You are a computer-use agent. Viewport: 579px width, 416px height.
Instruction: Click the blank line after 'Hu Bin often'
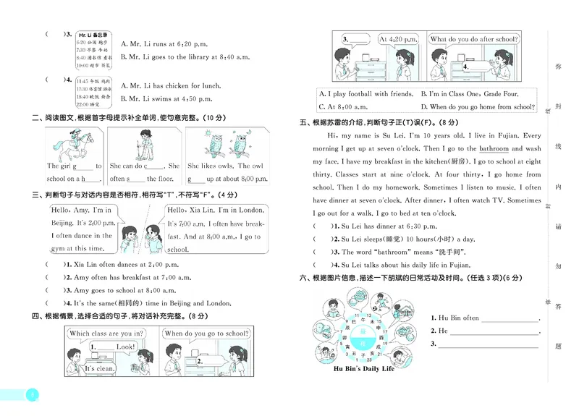pyautogui.click(x=510, y=319)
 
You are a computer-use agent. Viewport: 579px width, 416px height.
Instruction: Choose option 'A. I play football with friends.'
pyautogui.click(x=364, y=93)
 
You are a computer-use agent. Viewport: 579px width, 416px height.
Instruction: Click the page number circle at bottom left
pyautogui.click(x=30, y=394)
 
